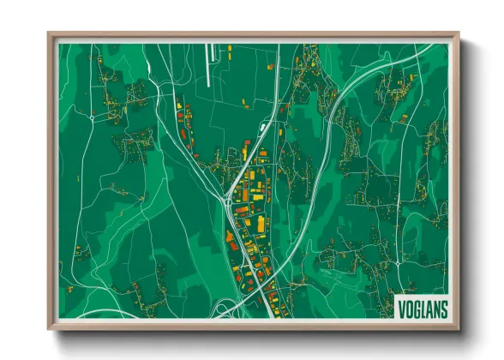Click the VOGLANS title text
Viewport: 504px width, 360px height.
point(423,308)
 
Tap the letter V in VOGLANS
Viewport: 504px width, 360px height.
point(402,308)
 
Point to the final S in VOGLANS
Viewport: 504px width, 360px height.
point(443,308)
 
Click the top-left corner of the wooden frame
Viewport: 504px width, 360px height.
point(50,34)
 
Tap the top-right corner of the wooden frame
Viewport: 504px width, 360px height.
point(459,34)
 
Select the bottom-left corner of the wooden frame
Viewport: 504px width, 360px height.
point(50,329)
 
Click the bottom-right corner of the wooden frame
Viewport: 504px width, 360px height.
point(459,329)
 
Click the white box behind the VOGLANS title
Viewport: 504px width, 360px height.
point(423,308)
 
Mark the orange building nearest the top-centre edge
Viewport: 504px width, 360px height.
point(269,65)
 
